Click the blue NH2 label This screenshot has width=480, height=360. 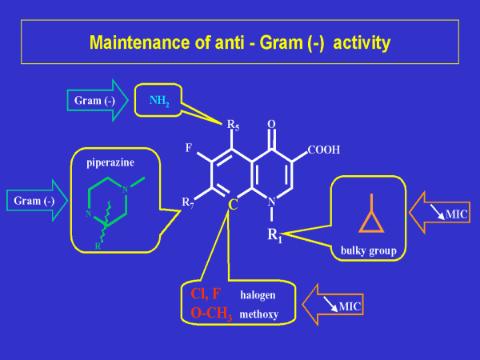160,101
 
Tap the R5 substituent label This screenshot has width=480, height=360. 233,125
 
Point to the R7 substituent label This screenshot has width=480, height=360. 187,202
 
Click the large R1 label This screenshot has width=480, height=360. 274,235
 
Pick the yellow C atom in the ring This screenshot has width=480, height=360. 233,206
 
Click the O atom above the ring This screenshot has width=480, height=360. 271,124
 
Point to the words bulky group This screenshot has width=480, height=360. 369,250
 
